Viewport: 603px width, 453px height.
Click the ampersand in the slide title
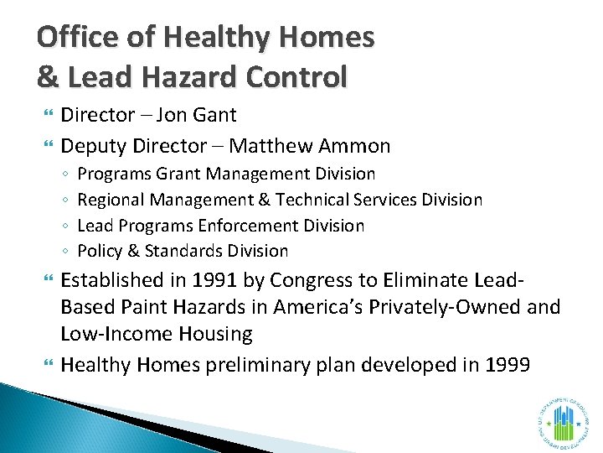point(48,77)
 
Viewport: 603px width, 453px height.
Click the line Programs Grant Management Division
point(226,174)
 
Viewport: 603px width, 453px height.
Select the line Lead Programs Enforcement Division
point(220,226)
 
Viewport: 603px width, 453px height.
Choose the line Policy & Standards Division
point(183,251)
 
